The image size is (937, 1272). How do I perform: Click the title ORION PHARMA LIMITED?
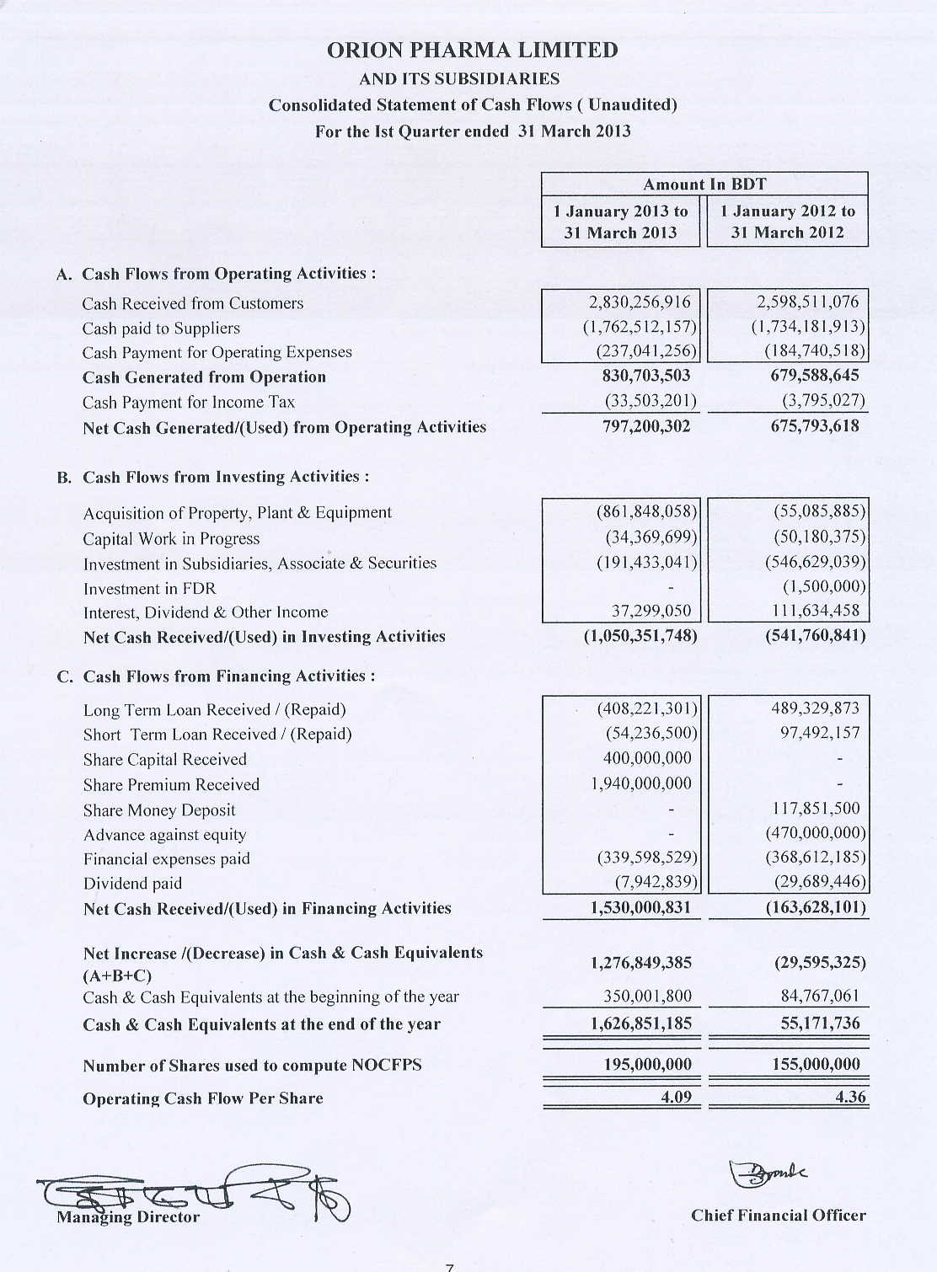point(472,51)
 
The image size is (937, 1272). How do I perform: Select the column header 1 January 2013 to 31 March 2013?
point(620,222)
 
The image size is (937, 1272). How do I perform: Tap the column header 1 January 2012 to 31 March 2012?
point(787,222)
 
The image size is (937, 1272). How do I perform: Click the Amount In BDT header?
point(704,184)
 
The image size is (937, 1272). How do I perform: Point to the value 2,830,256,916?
point(639,302)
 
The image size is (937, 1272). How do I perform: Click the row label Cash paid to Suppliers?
point(161,329)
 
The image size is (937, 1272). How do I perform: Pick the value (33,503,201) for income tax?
point(646,401)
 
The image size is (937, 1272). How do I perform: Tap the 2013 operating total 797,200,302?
point(646,426)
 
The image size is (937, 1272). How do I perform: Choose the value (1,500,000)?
point(823,586)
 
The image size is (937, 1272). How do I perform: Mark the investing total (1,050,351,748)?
point(640,636)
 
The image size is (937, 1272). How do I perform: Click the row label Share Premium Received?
point(171,784)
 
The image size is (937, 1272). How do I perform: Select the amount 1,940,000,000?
point(640,783)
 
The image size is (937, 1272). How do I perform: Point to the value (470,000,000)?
point(815,833)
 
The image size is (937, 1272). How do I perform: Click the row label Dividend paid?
point(132,884)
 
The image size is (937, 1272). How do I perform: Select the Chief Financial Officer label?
point(778,1216)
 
